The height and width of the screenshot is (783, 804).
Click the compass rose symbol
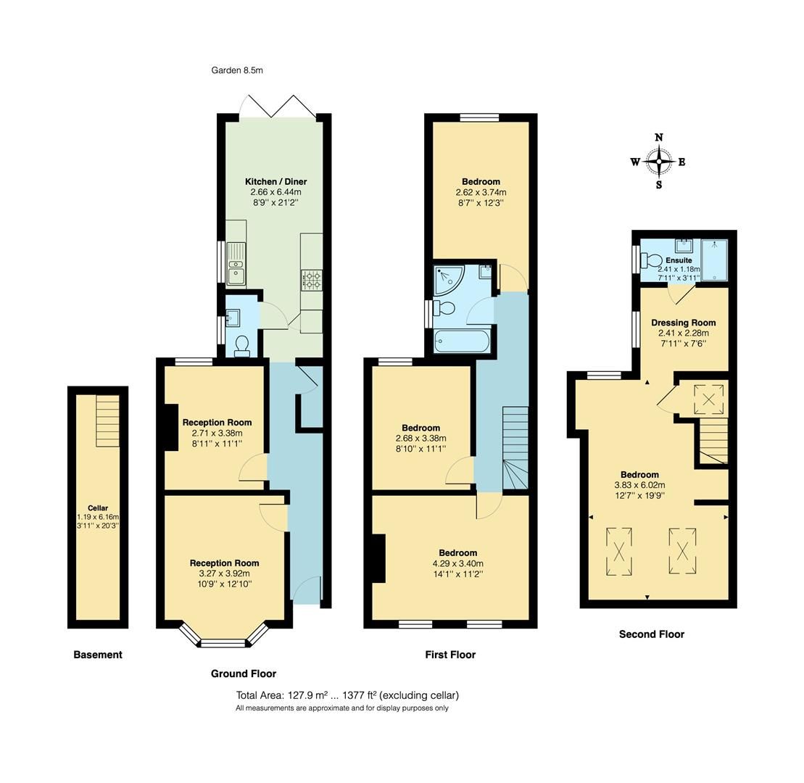(x=659, y=162)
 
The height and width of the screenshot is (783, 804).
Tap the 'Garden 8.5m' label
(x=237, y=70)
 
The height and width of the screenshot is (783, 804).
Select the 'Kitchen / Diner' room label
(x=275, y=181)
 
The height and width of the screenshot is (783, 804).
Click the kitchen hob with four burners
(x=311, y=279)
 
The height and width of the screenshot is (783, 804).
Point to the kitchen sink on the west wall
(x=236, y=264)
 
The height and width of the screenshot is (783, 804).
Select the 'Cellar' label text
(x=98, y=508)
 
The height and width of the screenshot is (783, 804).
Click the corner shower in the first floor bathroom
(x=449, y=281)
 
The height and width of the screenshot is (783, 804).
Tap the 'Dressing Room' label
(x=683, y=323)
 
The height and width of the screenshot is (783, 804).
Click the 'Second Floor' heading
(x=651, y=634)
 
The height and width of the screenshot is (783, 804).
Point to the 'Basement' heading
(x=98, y=655)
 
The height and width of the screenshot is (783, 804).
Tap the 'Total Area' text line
(x=347, y=695)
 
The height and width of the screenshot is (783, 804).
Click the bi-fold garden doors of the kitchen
(x=278, y=106)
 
